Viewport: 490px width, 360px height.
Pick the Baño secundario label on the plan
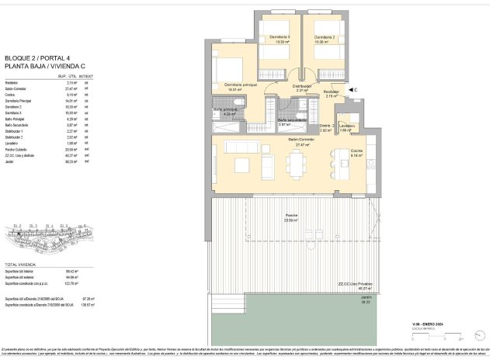click(290, 120)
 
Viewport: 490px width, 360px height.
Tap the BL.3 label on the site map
click(33, 226)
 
